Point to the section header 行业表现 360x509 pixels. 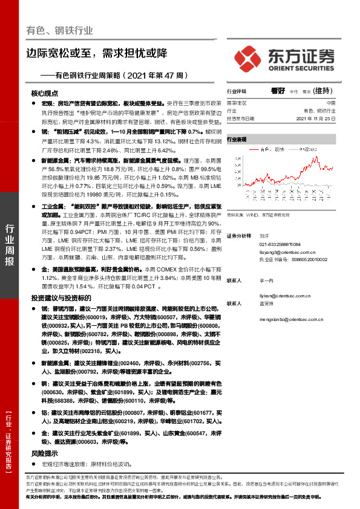coord(237,139)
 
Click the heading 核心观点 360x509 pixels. coord(44,94)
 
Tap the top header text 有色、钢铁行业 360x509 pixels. coord(56,30)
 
